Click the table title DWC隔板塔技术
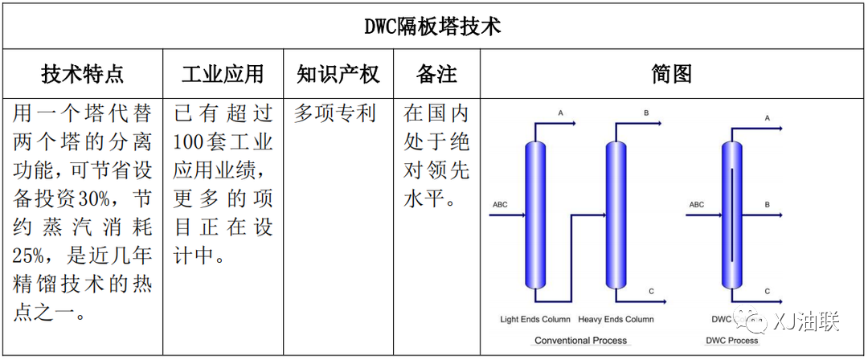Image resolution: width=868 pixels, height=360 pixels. point(433,27)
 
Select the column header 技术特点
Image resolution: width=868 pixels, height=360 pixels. point(83,74)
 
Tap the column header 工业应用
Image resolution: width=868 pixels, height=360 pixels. point(223,74)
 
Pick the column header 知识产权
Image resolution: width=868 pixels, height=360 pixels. point(338,74)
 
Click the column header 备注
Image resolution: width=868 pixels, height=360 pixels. point(436,74)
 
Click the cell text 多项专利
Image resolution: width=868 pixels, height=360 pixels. point(335,113)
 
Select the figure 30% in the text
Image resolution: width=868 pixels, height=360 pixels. point(99,198)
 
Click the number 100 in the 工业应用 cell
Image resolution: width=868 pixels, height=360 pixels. point(187,141)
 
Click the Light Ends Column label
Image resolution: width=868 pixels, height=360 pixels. point(535,320)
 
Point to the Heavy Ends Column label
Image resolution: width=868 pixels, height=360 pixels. point(616,320)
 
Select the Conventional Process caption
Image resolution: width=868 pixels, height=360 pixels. point(581,340)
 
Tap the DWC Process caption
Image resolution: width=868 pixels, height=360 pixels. point(732,340)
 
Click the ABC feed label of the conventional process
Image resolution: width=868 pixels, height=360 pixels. point(500,205)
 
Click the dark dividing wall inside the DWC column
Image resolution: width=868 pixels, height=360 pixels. point(732,215)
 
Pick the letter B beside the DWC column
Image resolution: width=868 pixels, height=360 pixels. point(768,205)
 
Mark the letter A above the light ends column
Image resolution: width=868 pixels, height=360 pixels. point(560,113)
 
